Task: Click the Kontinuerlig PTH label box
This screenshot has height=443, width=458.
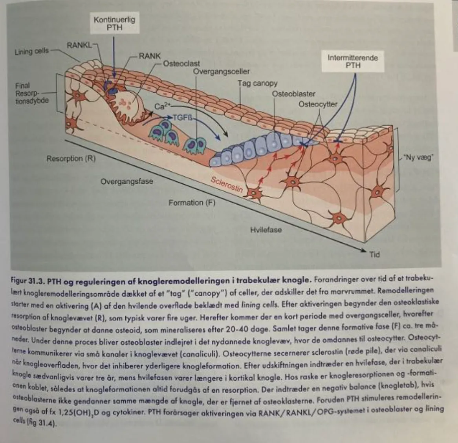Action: [114, 23]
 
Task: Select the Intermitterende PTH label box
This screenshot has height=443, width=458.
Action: [353, 61]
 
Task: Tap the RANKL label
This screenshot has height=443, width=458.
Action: [79, 46]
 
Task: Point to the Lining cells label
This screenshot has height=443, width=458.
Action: [32, 51]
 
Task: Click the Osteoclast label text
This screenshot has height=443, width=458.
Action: [181, 63]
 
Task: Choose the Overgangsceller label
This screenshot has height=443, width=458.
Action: [222, 71]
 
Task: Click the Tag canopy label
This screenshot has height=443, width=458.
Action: [257, 84]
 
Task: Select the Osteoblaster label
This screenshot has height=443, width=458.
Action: [293, 94]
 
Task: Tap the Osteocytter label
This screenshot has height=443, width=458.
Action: [318, 104]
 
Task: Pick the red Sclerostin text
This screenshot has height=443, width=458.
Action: [227, 185]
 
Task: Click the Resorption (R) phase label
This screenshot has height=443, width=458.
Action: [71, 159]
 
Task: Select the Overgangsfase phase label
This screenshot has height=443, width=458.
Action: [127, 181]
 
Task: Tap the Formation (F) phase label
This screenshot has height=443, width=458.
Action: [192, 203]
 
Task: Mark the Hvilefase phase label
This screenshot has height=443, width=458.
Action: [266, 230]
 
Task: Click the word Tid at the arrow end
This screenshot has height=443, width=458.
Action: [375, 254]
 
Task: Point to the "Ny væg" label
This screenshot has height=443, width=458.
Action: [418, 158]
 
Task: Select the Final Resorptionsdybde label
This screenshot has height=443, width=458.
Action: [32, 93]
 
